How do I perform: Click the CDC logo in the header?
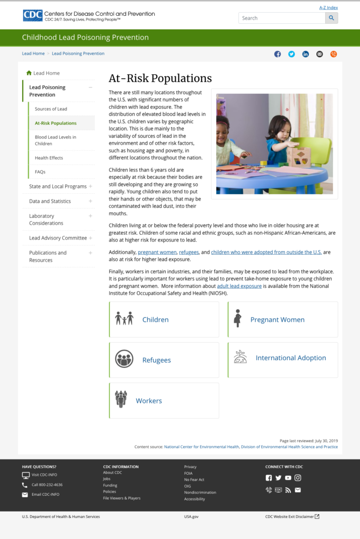[33, 15]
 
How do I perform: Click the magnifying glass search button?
[332, 18]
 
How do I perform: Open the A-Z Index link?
[328, 7]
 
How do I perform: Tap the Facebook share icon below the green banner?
[277, 54]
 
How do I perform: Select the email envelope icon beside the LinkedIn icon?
[319, 54]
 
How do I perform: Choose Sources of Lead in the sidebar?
[51, 109]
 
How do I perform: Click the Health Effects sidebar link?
[49, 158]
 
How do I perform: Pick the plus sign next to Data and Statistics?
[91, 201]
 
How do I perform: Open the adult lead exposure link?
[239, 286]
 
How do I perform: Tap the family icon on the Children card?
[124, 318]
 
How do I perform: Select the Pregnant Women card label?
[277, 320]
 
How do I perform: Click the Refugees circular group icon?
[124, 359]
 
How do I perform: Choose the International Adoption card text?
[291, 358]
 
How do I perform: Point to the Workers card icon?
[121, 400]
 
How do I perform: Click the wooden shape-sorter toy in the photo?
[298, 156]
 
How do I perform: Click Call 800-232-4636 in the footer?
[47, 485]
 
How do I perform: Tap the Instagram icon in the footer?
[298, 478]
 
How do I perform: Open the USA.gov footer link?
[191, 517]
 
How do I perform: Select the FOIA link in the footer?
[188, 473]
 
